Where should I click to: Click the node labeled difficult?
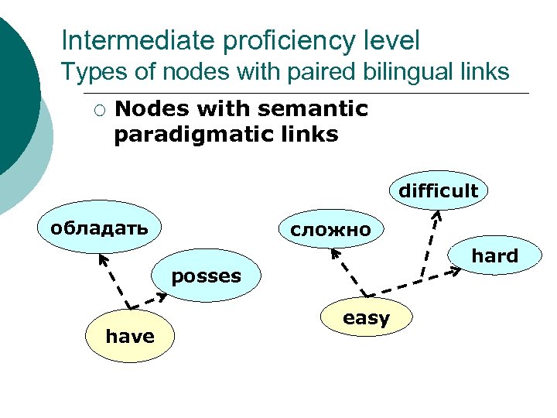click(438, 190)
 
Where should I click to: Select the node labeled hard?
click(494, 256)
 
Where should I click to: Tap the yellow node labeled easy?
click(366, 317)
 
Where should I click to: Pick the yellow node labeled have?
click(130, 336)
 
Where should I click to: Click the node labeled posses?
click(206, 276)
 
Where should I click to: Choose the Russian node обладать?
click(99, 228)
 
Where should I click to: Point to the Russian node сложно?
click(330, 229)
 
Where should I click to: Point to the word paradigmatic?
click(183, 134)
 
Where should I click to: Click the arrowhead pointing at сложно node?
click(333, 252)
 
